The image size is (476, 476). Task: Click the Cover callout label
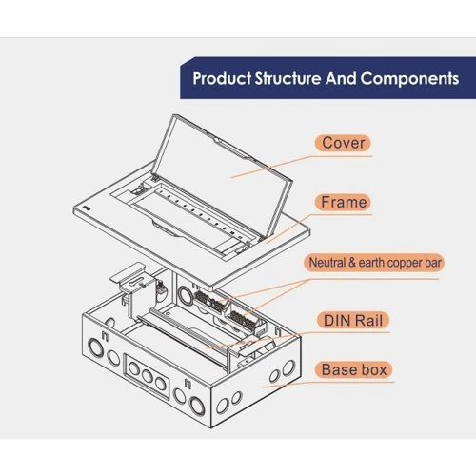coord(343,143)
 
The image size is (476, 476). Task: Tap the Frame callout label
coord(344,202)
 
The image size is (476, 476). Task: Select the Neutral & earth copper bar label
coord(374,263)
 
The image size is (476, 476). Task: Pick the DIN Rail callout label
coord(353,321)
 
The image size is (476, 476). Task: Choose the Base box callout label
coord(354,370)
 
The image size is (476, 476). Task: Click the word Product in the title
coord(222,78)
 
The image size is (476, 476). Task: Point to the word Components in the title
coord(409,78)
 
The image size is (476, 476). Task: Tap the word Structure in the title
coord(288,78)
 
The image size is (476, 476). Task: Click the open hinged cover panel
coord(222,175)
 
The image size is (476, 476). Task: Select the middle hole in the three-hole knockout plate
coord(147,376)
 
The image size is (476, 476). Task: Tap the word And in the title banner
coord(341,78)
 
